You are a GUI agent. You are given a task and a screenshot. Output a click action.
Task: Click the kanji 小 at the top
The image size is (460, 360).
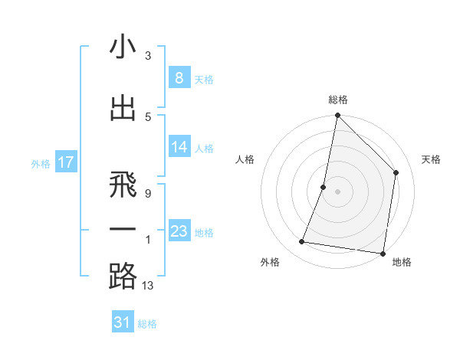point(123,48)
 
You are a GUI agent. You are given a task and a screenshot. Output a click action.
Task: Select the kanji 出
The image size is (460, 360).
point(123,108)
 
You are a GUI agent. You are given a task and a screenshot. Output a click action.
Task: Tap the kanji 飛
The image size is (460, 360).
point(123,185)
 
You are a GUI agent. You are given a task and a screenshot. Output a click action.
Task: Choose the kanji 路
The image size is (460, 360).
point(123,277)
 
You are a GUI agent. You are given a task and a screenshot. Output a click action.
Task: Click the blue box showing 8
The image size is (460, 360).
point(179,77)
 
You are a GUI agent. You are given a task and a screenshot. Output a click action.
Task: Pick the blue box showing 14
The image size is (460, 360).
point(179,147)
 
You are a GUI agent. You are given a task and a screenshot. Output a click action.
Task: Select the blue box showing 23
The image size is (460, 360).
point(179,231)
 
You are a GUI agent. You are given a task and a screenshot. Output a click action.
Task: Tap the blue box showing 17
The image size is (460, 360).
point(65,162)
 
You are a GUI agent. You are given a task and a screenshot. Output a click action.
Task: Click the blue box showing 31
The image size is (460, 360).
point(123,322)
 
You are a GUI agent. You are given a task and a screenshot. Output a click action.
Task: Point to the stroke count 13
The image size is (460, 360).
point(149,286)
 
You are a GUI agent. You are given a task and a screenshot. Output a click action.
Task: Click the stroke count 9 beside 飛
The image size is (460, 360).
point(147,194)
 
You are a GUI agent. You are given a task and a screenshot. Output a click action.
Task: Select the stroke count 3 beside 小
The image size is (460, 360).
point(147,56)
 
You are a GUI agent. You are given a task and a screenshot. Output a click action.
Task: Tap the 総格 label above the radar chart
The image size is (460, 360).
point(337,100)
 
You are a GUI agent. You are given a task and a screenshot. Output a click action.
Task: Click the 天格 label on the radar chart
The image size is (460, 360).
point(431,159)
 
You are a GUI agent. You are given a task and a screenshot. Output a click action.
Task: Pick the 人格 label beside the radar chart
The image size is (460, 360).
point(245,159)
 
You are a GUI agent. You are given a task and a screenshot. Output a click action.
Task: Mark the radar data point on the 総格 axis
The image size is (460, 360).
point(337,116)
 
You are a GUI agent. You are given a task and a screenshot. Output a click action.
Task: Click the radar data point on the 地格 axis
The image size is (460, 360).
point(383,253)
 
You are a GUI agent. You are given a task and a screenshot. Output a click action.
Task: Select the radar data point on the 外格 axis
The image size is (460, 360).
point(302,242)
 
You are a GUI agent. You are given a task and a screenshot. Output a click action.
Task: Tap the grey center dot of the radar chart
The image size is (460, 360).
point(337,191)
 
